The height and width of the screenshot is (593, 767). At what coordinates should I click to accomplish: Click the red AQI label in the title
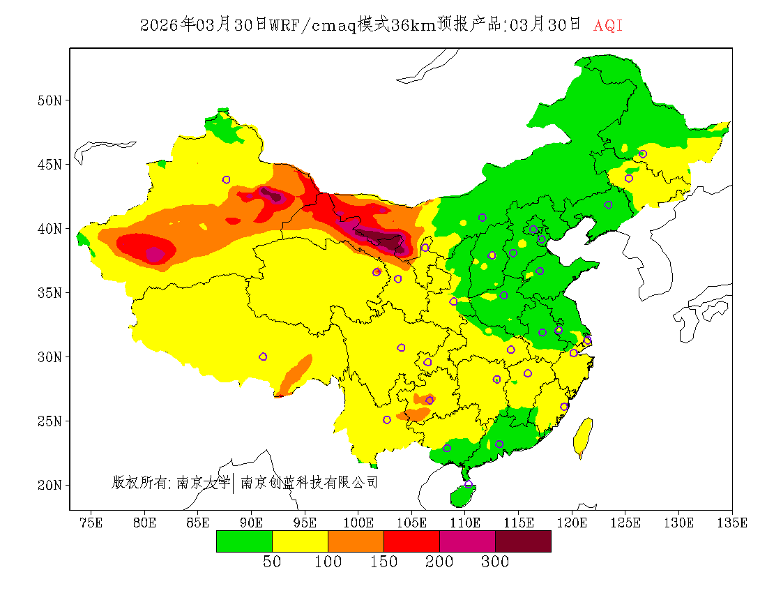[x=608, y=26]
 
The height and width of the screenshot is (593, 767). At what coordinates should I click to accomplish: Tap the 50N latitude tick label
[x=49, y=100]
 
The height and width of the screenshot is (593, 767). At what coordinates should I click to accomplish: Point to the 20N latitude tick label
[x=49, y=485]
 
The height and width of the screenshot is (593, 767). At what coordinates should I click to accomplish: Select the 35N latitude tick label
[x=49, y=292]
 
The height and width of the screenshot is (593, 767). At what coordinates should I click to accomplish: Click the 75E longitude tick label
[x=91, y=523]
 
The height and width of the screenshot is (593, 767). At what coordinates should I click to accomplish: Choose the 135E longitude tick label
[x=733, y=523]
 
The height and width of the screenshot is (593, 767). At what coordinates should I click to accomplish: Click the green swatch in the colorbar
[x=244, y=541]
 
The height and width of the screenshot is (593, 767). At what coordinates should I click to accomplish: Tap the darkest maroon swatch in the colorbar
[x=523, y=541]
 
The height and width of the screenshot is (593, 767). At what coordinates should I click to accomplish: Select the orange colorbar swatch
[x=356, y=541]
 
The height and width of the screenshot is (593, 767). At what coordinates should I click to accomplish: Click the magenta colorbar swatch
[x=467, y=541]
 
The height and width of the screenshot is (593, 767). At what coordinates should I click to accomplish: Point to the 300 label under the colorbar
[x=494, y=562]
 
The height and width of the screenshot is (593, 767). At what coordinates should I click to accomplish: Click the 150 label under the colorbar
[x=383, y=562]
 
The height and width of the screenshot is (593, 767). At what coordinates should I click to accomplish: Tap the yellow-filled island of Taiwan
[x=582, y=436]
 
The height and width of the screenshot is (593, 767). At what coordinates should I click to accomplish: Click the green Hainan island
[x=462, y=496]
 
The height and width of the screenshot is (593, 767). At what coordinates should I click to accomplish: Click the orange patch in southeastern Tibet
[x=296, y=373]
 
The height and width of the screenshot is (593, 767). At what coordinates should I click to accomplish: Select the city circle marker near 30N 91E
[x=263, y=356]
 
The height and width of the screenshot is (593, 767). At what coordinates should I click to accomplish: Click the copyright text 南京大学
[x=203, y=482]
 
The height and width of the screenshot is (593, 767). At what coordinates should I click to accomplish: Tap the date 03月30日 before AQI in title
[x=545, y=25]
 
